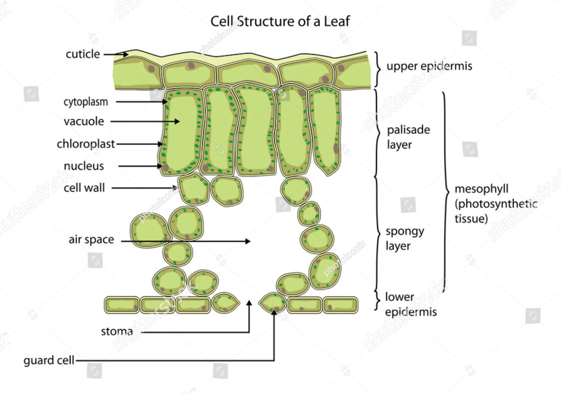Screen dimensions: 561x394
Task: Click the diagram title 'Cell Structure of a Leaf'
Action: click(280, 21)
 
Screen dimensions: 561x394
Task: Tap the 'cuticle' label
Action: click(83, 54)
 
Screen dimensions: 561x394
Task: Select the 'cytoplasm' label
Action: click(86, 102)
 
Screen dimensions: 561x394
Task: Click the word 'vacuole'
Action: click(84, 121)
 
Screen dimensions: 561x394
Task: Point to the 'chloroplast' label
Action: click(86, 144)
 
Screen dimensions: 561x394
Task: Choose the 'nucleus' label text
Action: click(84, 166)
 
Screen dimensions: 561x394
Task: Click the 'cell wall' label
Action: click(84, 188)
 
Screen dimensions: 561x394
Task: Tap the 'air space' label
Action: click(91, 239)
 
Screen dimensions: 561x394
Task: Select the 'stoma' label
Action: click(117, 332)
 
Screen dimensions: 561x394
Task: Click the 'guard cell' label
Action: click(49, 360)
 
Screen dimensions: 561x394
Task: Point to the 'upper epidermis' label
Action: click(430, 66)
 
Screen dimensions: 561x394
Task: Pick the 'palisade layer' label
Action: click(409, 137)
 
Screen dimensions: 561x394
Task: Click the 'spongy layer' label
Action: click(405, 239)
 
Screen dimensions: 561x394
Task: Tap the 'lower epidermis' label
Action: click(411, 304)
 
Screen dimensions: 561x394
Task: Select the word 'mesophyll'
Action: click(482, 189)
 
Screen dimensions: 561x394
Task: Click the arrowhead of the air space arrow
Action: click(248, 241)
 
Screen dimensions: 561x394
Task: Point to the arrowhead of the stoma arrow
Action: click(249, 302)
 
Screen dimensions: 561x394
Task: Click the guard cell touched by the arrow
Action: click(273, 304)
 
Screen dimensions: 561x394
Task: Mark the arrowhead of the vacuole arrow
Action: click(177, 121)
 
